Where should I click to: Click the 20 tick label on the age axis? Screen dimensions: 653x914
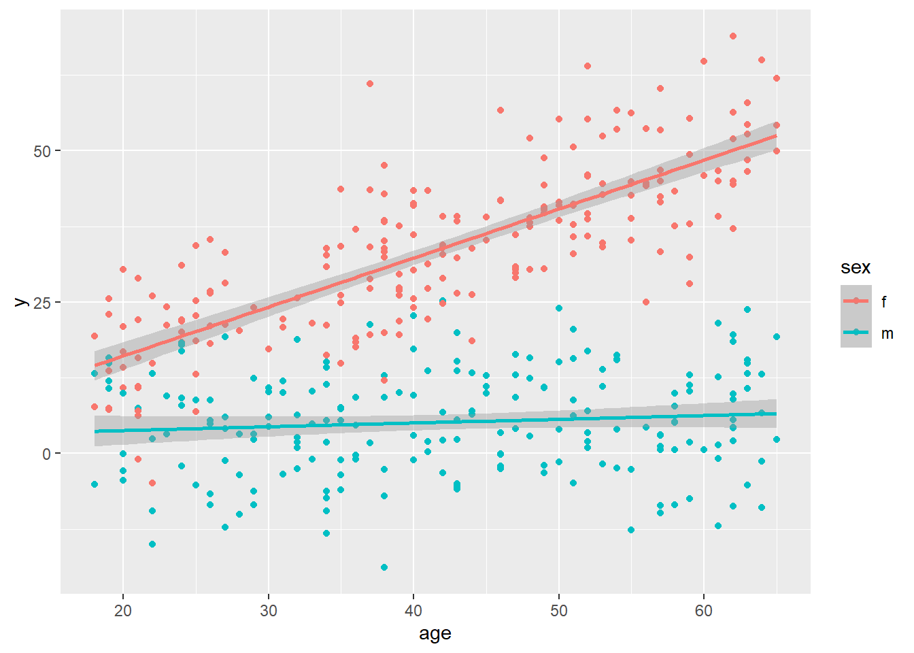point(123,611)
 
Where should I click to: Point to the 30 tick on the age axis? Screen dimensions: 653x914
point(268,611)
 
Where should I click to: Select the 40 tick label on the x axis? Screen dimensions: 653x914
point(413,611)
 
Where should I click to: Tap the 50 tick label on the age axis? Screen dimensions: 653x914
point(558,611)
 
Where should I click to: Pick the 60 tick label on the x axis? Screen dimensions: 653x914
point(704,611)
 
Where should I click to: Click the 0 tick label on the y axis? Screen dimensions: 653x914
point(46,454)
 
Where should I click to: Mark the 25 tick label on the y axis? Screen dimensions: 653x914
point(42,303)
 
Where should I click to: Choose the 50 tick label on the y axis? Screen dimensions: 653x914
point(42,151)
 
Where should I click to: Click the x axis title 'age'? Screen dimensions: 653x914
point(435,634)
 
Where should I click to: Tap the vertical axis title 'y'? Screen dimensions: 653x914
point(21,301)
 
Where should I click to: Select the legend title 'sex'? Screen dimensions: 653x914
point(856,268)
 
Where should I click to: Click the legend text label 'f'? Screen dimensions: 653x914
point(884,301)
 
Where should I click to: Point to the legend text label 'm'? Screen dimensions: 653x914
point(887,333)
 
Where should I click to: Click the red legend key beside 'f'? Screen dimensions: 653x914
point(856,301)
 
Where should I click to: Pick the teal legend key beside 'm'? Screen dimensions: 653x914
point(856,333)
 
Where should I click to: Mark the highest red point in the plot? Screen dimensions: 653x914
point(733,36)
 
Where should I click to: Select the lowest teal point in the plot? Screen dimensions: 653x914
point(384,567)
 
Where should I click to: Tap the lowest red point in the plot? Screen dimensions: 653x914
point(152,483)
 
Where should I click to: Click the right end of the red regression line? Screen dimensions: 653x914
point(777,136)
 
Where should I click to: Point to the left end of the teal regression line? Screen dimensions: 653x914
point(95,431)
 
